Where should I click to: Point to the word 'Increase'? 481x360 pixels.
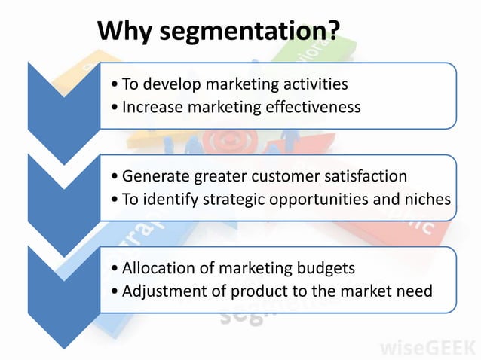coord(152,107)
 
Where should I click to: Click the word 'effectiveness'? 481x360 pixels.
coord(312,107)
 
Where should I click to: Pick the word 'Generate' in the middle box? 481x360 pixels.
coord(155,176)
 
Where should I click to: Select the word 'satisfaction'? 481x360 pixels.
coord(365,176)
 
